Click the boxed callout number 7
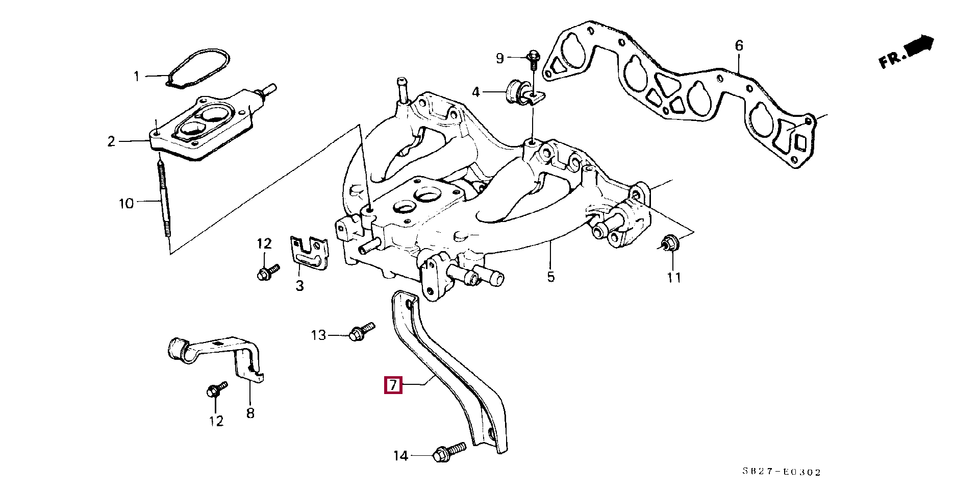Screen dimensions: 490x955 tap(393, 385)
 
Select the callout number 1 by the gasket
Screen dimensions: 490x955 tap(136, 77)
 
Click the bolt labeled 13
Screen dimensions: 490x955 tap(361, 331)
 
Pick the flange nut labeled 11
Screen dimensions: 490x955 tap(668, 243)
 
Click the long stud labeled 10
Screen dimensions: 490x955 tap(164, 199)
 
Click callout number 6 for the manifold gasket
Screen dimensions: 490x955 tap(739, 46)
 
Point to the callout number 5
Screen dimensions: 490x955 tap(551, 277)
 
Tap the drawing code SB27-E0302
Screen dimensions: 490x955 tap(782, 472)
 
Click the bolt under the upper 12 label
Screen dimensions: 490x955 tap(267, 272)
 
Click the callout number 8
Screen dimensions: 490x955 tap(250, 413)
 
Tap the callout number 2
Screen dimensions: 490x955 tap(111, 141)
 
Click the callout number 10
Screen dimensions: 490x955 tap(126, 204)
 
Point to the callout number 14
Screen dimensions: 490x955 tap(400, 455)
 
